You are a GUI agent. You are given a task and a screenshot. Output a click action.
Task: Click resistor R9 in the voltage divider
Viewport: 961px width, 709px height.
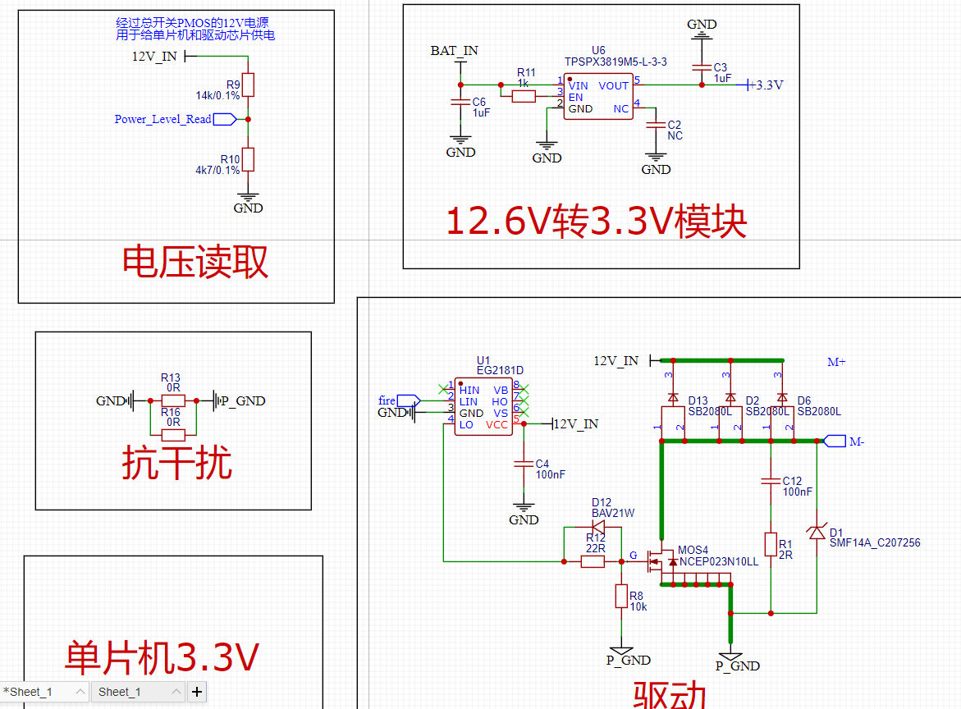pyautogui.click(x=248, y=85)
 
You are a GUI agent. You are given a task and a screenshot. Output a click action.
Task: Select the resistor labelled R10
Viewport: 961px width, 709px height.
pyautogui.click(x=248, y=159)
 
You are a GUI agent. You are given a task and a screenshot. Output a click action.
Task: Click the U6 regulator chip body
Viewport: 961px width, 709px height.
pyautogui.click(x=597, y=97)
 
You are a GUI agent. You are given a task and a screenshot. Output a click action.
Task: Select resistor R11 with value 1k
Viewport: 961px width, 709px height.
pyautogui.click(x=524, y=97)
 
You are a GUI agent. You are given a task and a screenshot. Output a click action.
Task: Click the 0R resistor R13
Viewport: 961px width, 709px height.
pyautogui.click(x=173, y=400)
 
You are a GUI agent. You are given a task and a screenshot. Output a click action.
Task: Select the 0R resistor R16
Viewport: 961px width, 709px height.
pyautogui.click(x=173, y=435)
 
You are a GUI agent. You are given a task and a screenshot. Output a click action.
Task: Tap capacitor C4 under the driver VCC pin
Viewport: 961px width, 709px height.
pyautogui.click(x=523, y=464)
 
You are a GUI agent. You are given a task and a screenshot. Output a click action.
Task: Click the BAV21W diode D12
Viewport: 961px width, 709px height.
pyautogui.click(x=597, y=527)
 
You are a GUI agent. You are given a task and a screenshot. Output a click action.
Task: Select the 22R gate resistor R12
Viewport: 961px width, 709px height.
pyautogui.click(x=593, y=561)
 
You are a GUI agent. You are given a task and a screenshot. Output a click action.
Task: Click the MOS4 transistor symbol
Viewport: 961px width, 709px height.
pyautogui.click(x=661, y=561)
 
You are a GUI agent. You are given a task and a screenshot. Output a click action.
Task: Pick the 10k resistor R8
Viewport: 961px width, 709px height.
pyautogui.click(x=621, y=597)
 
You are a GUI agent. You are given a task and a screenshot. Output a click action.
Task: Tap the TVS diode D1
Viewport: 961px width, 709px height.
pyautogui.click(x=817, y=533)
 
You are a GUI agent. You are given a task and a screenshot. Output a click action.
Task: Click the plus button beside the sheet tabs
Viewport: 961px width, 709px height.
pyautogui.click(x=197, y=692)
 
